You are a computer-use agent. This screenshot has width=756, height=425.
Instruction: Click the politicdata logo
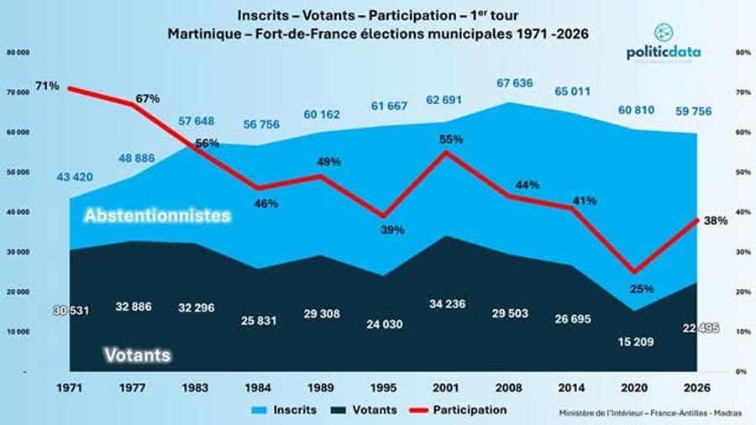[x=663, y=47]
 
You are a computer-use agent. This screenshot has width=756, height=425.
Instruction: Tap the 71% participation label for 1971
[x=47, y=86]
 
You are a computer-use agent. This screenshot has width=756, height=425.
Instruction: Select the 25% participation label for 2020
[x=642, y=289]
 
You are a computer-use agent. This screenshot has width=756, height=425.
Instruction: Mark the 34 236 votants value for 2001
[x=453, y=302]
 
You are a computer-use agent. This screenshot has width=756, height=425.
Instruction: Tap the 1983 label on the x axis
[x=198, y=389]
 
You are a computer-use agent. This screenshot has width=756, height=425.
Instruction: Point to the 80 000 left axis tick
[x=18, y=52]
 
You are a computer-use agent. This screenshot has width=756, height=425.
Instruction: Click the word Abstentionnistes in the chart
[x=157, y=216]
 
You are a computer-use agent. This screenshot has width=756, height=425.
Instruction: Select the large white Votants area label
[x=138, y=355]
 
